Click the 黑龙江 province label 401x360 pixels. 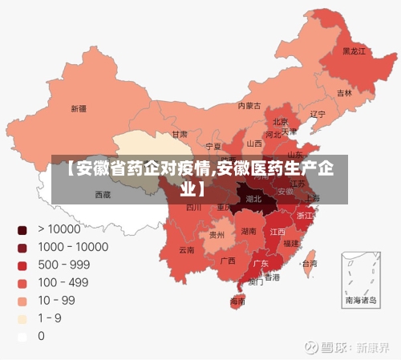(x=354, y=51)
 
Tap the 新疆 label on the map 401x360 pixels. (x=79, y=108)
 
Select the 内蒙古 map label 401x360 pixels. (x=250, y=105)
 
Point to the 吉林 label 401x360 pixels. (x=344, y=93)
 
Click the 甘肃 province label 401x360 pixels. (x=180, y=134)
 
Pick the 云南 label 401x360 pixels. (x=187, y=250)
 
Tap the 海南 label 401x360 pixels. (x=238, y=301)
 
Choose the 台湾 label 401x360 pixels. (x=309, y=263)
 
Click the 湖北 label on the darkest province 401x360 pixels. (x=253, y=197)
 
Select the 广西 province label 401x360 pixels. (x=228, y=261)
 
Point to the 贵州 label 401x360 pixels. (x=217, y=236)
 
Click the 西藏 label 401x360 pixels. (x=103, y=194)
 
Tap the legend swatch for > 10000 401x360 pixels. (x=22, y=230)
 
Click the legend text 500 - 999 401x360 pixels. (x=64, y=265)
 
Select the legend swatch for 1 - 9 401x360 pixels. (x=22, y=318)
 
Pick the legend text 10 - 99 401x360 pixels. (x=56, y=300)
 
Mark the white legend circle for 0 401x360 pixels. (x=22, y=336)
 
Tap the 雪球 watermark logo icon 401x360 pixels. (x=309, y=348)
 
